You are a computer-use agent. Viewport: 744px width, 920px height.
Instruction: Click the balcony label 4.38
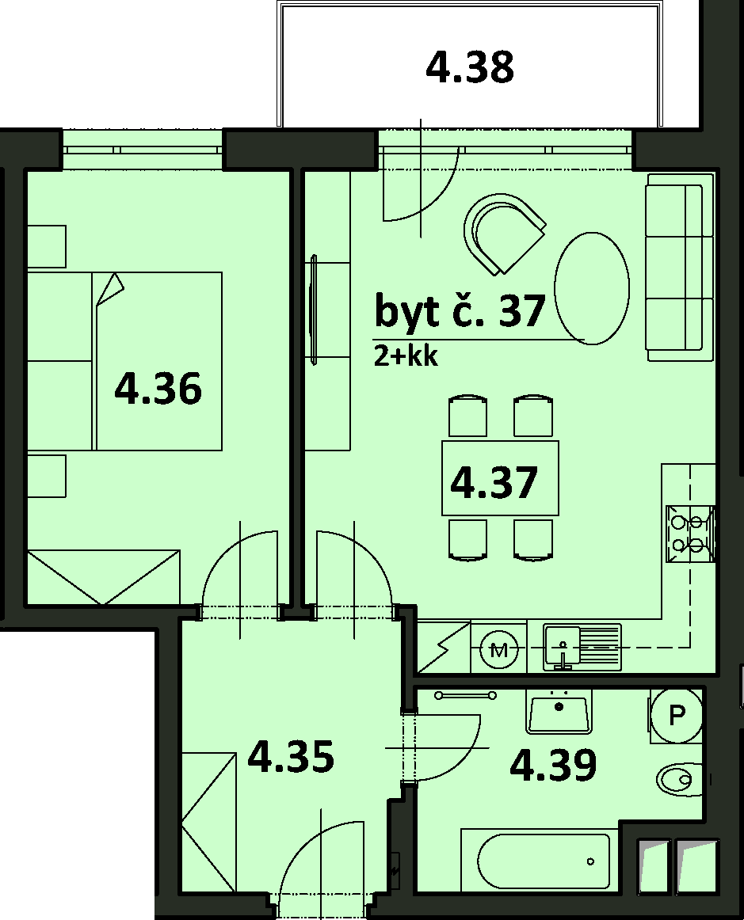470,67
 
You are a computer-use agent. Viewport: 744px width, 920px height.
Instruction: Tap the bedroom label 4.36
158,389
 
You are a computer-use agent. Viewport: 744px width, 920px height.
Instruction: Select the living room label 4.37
494,482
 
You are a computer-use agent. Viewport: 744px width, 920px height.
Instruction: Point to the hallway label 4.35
292,756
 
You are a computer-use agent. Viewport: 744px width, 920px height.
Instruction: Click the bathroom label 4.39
553,765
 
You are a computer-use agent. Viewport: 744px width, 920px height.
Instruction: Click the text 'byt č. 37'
460,311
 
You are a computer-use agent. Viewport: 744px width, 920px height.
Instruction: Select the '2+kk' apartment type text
406,357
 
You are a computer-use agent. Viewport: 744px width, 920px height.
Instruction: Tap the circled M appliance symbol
499,649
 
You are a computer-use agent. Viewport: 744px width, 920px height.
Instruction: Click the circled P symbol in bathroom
677,715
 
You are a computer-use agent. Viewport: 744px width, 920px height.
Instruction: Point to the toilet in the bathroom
679,779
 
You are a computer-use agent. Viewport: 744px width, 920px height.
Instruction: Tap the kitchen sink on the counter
582,647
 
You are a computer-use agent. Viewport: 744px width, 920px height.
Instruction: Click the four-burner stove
691,535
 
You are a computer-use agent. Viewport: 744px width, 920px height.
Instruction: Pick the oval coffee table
592,289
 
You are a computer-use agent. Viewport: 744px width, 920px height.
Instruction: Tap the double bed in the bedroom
124,361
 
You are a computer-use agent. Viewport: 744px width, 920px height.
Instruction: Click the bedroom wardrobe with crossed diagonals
103,576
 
